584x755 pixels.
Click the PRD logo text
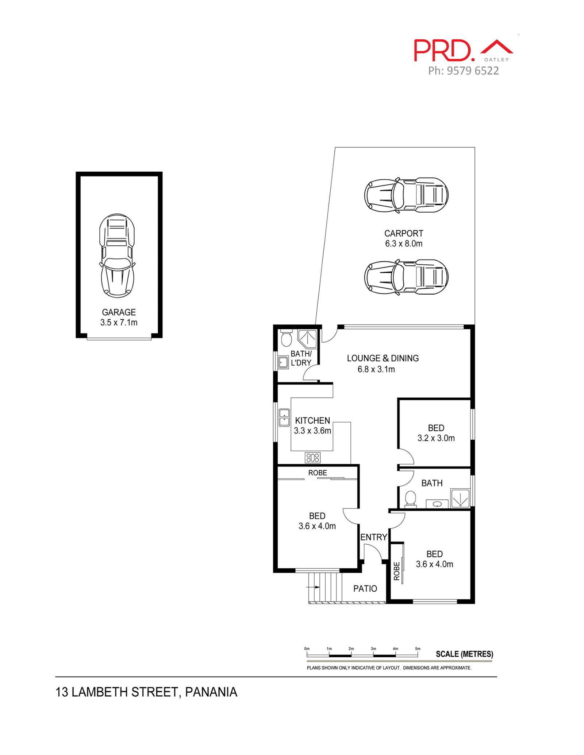[x=444, y=50]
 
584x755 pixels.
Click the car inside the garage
[x=117, y=255]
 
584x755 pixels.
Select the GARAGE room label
[x=119, y=312]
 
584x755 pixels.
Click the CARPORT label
[x=404, y=233]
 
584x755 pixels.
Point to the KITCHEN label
[x=312, y=420]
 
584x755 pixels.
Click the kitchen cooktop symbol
[x=312, y=458]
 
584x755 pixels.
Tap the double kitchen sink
[x=284, y=418]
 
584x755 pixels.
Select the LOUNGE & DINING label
[x=383, y=358]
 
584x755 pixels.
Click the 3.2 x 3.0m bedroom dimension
[x=436, y=438]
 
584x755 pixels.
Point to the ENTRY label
[x=373, y=537]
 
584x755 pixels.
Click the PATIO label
[x=365, y=588]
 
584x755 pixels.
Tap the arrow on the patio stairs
[x=313, y=587]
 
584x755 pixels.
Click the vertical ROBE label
[x=397, y=571]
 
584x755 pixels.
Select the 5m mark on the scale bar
[x=418, y=649]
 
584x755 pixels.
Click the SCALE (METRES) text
[x=464, y=654]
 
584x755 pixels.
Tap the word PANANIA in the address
[x=211, y=692]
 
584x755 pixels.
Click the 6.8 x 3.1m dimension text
[x=376, y=369]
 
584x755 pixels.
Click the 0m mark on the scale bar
[x=307, y=649]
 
